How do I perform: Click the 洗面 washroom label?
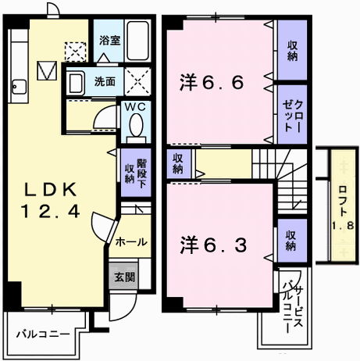point(105,80)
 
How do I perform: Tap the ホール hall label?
point(131,242)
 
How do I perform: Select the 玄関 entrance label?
point(125,276)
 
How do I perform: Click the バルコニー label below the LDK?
point(44,334)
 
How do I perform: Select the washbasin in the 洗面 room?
point(76,80)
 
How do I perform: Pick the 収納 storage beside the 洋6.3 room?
point(290,241)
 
